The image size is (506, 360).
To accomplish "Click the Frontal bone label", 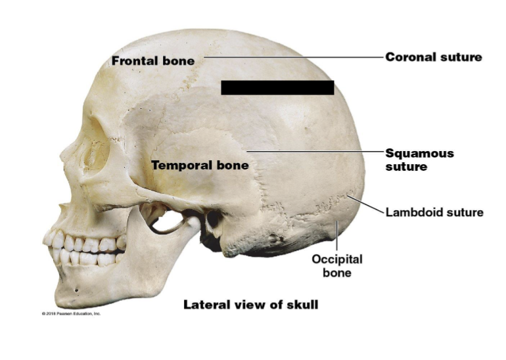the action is tap(153, 61).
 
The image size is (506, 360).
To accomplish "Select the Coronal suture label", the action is tap(433, 57).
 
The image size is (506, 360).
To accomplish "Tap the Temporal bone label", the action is tap(200, 166).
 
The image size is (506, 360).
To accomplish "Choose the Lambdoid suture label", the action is tap(434, 212).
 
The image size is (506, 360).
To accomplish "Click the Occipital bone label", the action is tap(336, 265).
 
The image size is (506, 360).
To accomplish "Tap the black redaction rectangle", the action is tap(277, 87).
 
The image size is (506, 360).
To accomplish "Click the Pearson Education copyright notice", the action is tap(72, 313).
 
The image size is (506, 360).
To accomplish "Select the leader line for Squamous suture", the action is tap(315, 151).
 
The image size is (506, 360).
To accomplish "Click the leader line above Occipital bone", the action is tap(336, 236).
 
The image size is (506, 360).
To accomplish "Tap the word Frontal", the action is tap(133, 61).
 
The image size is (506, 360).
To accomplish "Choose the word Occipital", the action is tap(336, 259).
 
